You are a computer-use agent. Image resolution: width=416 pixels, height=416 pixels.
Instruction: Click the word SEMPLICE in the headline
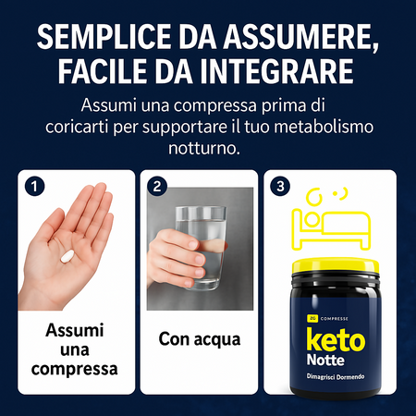104,36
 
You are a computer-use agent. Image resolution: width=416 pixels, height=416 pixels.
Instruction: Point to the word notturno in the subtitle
204,148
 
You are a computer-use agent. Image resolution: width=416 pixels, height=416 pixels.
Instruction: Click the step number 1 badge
34,187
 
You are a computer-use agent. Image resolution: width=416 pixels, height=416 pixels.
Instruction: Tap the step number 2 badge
157,187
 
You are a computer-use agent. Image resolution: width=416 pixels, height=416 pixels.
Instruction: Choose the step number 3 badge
280,187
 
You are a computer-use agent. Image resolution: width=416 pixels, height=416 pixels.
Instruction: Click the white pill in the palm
67,256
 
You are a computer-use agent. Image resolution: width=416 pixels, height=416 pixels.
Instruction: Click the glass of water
201,248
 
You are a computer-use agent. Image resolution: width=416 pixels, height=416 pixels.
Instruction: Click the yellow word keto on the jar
336,339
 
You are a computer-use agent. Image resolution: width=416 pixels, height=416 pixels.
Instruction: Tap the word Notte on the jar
325,361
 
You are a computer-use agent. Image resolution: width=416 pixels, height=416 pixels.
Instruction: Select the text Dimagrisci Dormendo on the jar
336,376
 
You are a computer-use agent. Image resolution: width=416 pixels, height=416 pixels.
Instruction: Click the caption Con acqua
200,339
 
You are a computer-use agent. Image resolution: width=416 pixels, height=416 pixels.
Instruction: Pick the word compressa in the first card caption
74,369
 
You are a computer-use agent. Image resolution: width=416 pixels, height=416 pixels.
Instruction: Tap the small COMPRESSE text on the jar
335,319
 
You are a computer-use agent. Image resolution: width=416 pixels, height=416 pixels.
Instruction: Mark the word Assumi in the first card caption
75,330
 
